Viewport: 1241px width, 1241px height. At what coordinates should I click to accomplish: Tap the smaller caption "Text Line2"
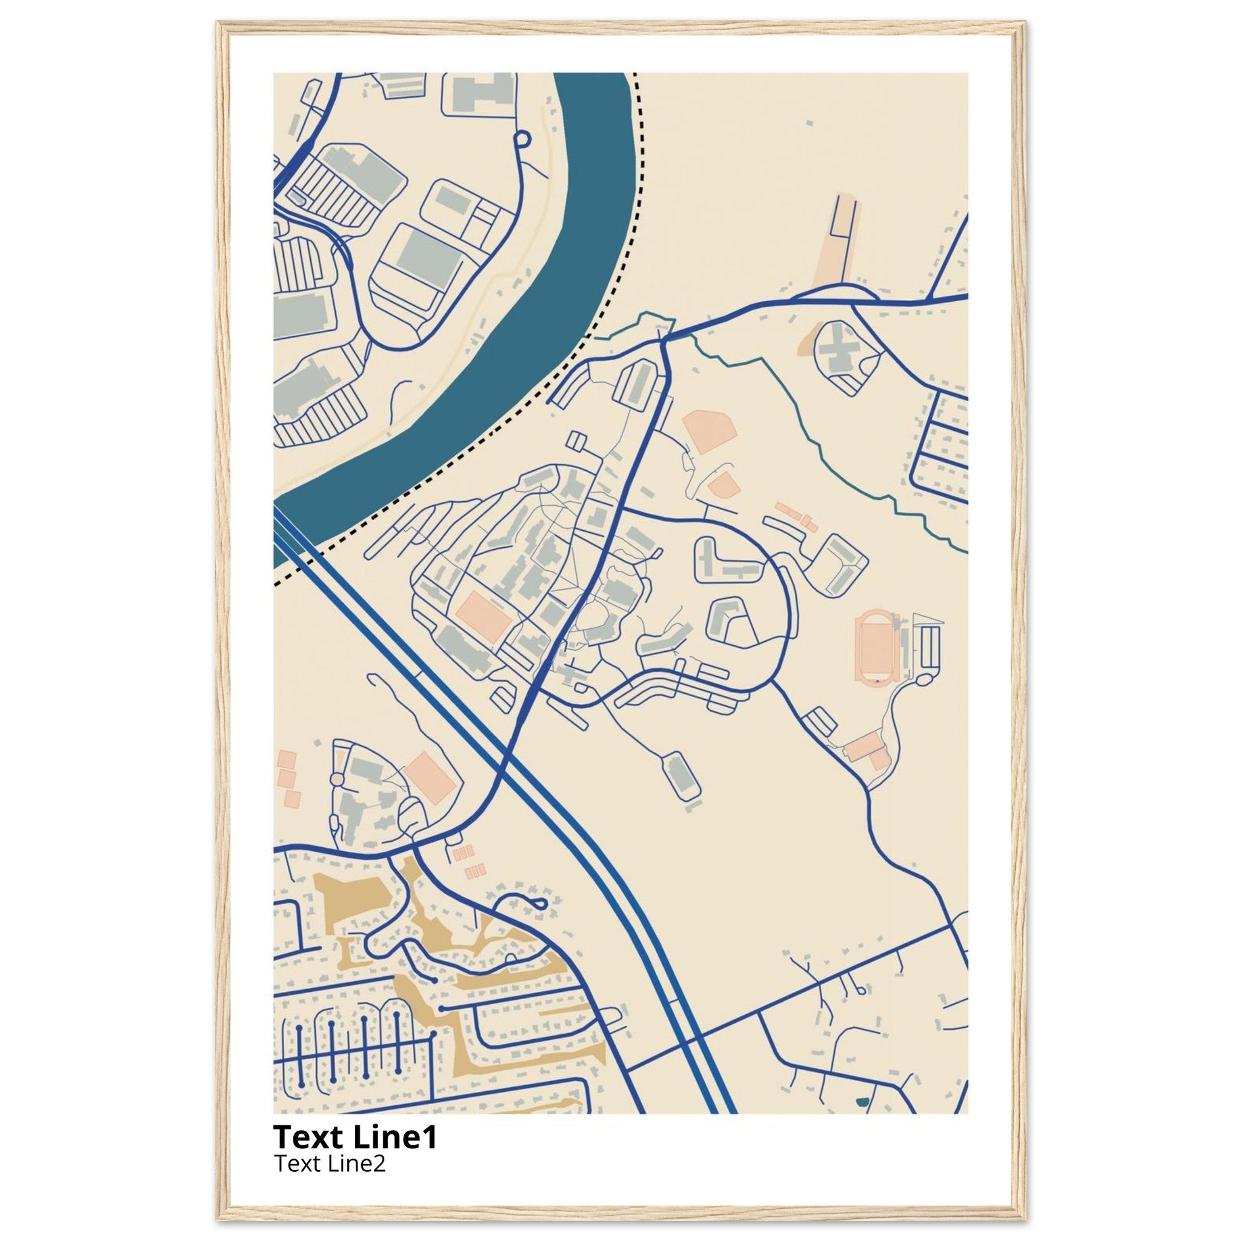(x=330, y=1163)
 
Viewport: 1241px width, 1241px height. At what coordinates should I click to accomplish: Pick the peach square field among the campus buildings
(x=483, y=617)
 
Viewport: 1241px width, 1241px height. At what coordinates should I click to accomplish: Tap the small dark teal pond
(x=862, y=1101)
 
